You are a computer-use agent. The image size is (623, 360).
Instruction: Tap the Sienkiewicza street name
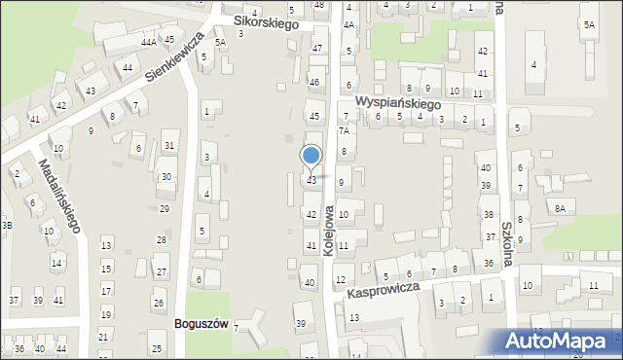[x=175, y=63]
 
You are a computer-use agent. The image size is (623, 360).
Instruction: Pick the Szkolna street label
[x=506, y=244]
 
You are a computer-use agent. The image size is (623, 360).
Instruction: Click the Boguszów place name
[x=200, y=324]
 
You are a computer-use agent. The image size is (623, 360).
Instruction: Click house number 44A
[x=148, y=43]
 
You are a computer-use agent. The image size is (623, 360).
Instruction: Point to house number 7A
[x=343, y=130]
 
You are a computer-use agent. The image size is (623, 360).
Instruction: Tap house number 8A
[x=559, y=208]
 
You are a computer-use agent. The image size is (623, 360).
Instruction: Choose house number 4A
[x=348, y=24]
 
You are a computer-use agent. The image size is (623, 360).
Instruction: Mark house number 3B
[x=7, y=225]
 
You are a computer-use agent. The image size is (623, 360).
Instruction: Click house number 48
[x=319, y=5]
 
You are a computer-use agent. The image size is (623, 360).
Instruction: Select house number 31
[x=169, y=146]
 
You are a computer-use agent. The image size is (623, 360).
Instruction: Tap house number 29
[x=165, y=208]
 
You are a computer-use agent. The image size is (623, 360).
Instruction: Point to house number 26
[x=159, y=303]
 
